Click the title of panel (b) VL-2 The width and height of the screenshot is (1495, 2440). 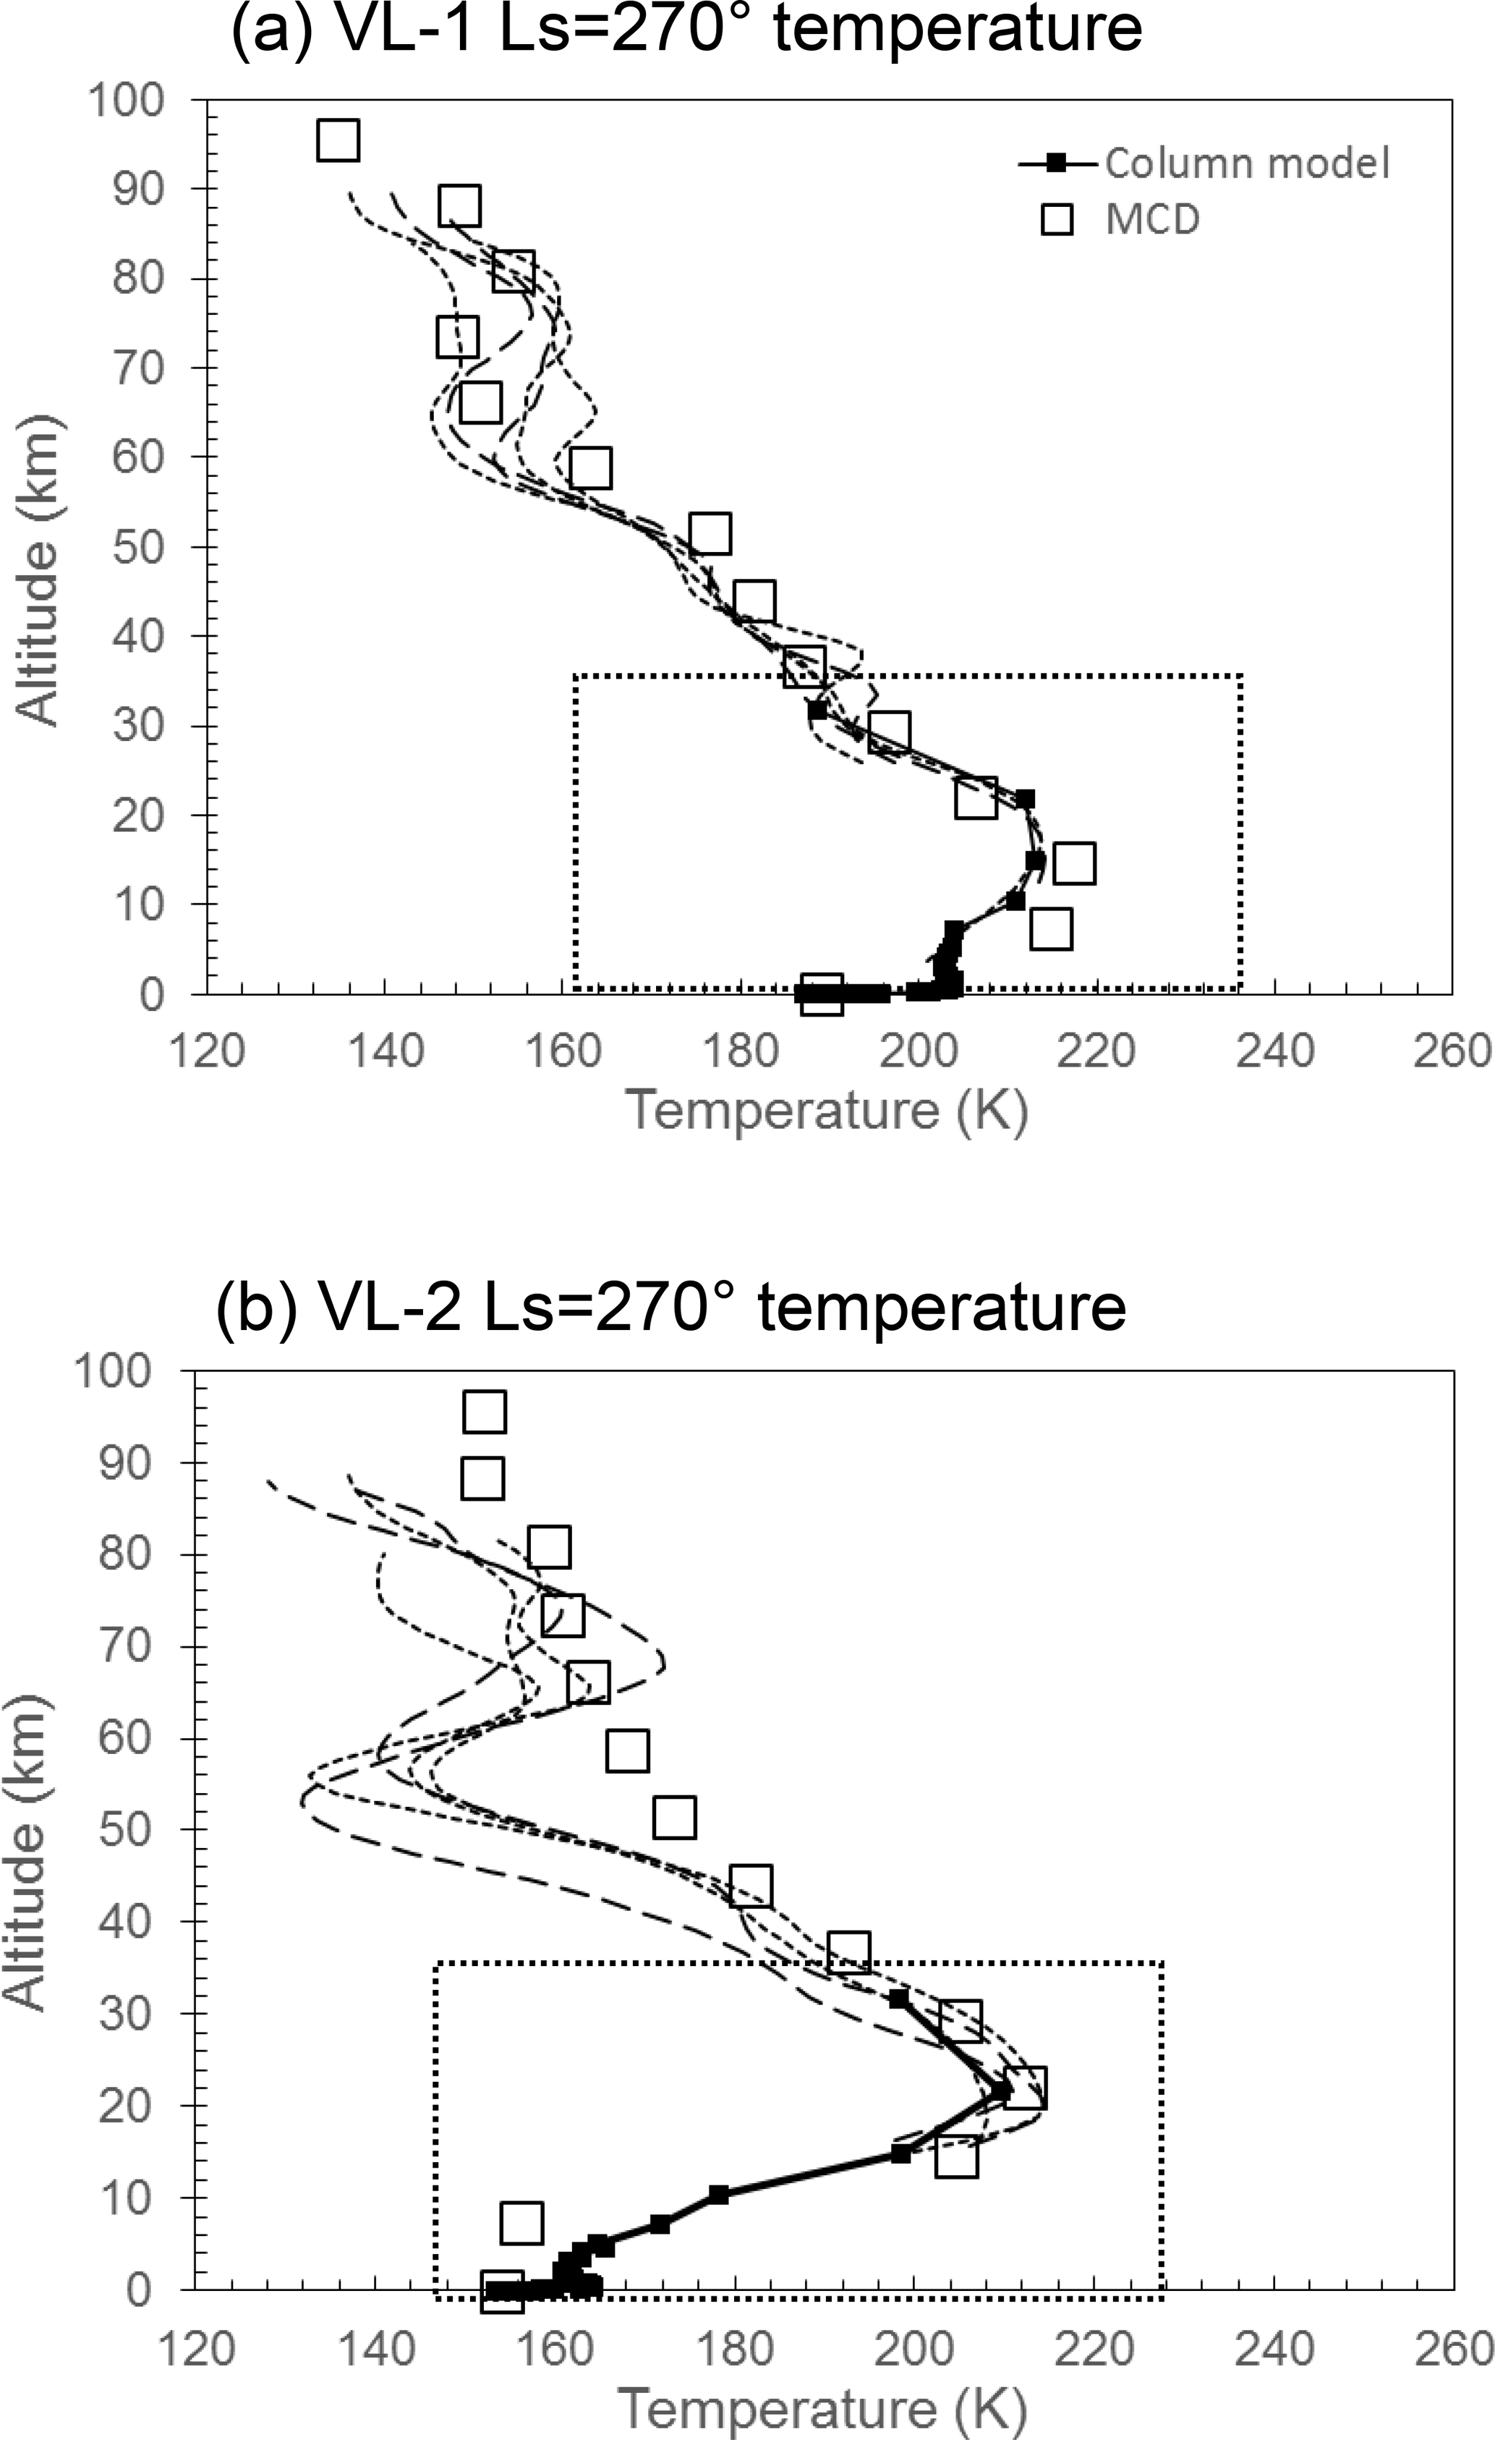click(x=670, y=1306)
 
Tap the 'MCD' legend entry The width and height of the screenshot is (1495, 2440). click(x=1151, y=219)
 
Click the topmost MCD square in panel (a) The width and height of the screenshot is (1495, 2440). click(x=338, y=140)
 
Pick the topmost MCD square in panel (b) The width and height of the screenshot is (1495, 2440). click(x=484, y=1412)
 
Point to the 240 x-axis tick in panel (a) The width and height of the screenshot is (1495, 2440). click(x=1275, y=1051)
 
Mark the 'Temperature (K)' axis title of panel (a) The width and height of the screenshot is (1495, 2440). click(x=827, y=1109)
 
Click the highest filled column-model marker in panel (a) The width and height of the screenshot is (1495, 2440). click(x=817, y=710)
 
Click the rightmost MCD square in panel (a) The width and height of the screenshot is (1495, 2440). click(x=1074, y=863)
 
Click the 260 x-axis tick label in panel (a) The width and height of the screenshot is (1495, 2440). click(x=1454, y=1051)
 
